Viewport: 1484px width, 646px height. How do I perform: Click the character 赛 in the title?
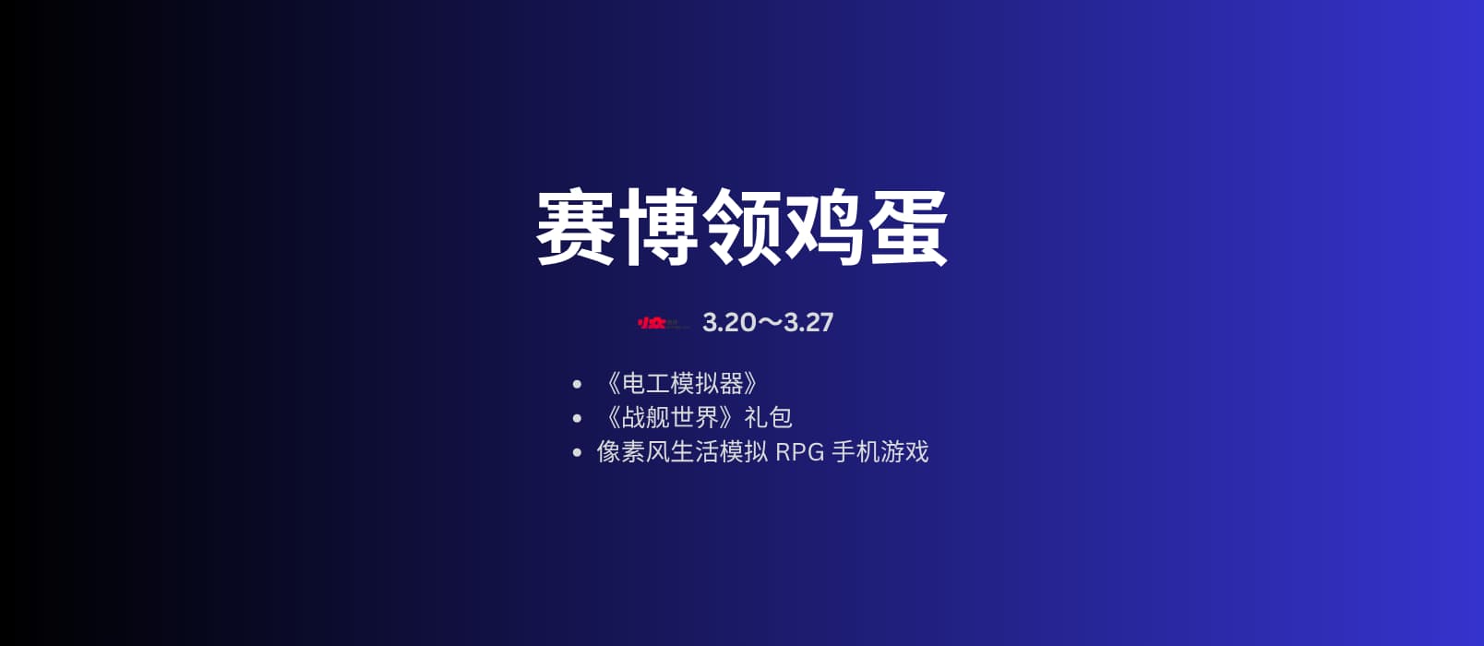pos(576,228)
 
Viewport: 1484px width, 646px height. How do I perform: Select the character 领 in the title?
pos(742,228)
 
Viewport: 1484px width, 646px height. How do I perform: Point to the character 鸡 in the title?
pos(824,228)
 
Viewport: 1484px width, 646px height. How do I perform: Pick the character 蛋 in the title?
pos(907,228)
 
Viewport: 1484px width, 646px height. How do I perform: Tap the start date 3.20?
pos(729,322)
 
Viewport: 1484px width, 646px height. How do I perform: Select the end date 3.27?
pos(808,322)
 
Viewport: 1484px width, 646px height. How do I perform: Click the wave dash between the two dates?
pos(770,322)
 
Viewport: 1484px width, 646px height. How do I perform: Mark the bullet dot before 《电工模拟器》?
pos(577,384)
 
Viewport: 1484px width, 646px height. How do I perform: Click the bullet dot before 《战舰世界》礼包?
pos(577,418)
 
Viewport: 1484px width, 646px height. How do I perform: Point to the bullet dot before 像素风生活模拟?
pos(577,452)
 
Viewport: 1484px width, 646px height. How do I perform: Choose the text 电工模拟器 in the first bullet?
pos(682,383)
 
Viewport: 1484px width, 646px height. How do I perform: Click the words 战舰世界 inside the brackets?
pos(670,417)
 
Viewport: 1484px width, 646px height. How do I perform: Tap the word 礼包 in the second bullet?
pos(768,417)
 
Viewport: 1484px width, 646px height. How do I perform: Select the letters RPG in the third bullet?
pos(799,452)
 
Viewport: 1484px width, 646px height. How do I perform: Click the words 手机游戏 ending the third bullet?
pos(880,451)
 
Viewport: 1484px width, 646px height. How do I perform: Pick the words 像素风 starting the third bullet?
pos(633,451)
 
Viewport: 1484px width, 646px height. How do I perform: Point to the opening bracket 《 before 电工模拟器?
pos(612,383)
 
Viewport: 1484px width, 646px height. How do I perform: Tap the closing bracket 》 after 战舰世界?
pos(728,417)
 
